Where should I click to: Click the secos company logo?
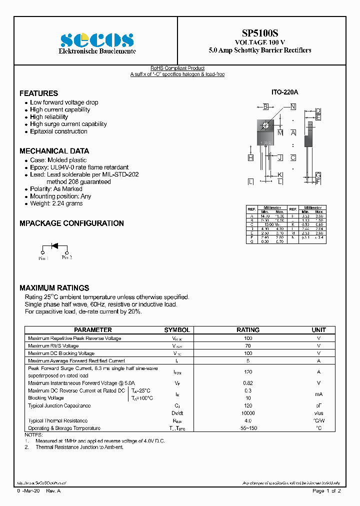click(97, 39)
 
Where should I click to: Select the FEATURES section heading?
click(38, 93)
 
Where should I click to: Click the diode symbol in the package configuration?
click(54, 245)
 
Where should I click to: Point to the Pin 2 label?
click(67, 257)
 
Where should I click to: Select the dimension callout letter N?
click(293, 106)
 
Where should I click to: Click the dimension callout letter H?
click(250, 158)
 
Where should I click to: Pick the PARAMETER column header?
click(93, 330)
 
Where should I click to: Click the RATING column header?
click(248, 330)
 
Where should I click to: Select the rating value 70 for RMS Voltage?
click(248, 346)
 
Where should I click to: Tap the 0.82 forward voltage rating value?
click(248, 383)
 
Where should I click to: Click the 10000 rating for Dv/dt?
click(248, 413)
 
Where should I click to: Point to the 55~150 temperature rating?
click(248, 428)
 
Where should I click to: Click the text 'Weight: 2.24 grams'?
click(56, 203)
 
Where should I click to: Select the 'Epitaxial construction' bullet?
click(58, 131)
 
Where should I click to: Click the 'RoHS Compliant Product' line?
click(177, 68)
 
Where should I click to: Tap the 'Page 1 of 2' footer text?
click(326, 491)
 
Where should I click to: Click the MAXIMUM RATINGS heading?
click(54, 288)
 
